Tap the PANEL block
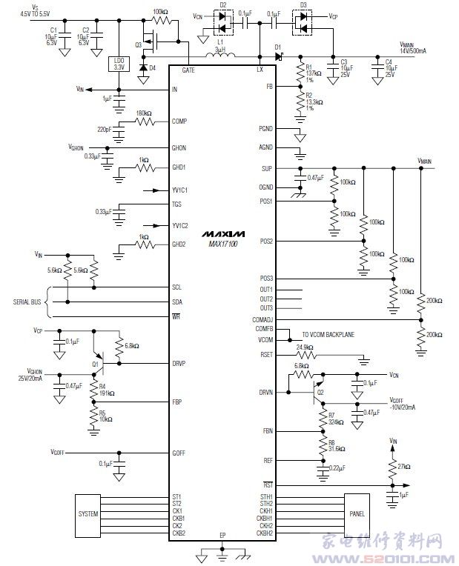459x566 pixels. point(357,513)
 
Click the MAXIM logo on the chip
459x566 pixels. point(222,233)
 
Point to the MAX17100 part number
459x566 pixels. point(222,244)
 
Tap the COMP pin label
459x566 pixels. point(179,121)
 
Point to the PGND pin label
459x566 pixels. point(265,129)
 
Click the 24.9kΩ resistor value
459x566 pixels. point(304,347)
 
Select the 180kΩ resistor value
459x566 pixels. point(145,113)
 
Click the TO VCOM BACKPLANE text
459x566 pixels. point(328,335)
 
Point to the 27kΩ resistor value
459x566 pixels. point(405,467)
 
